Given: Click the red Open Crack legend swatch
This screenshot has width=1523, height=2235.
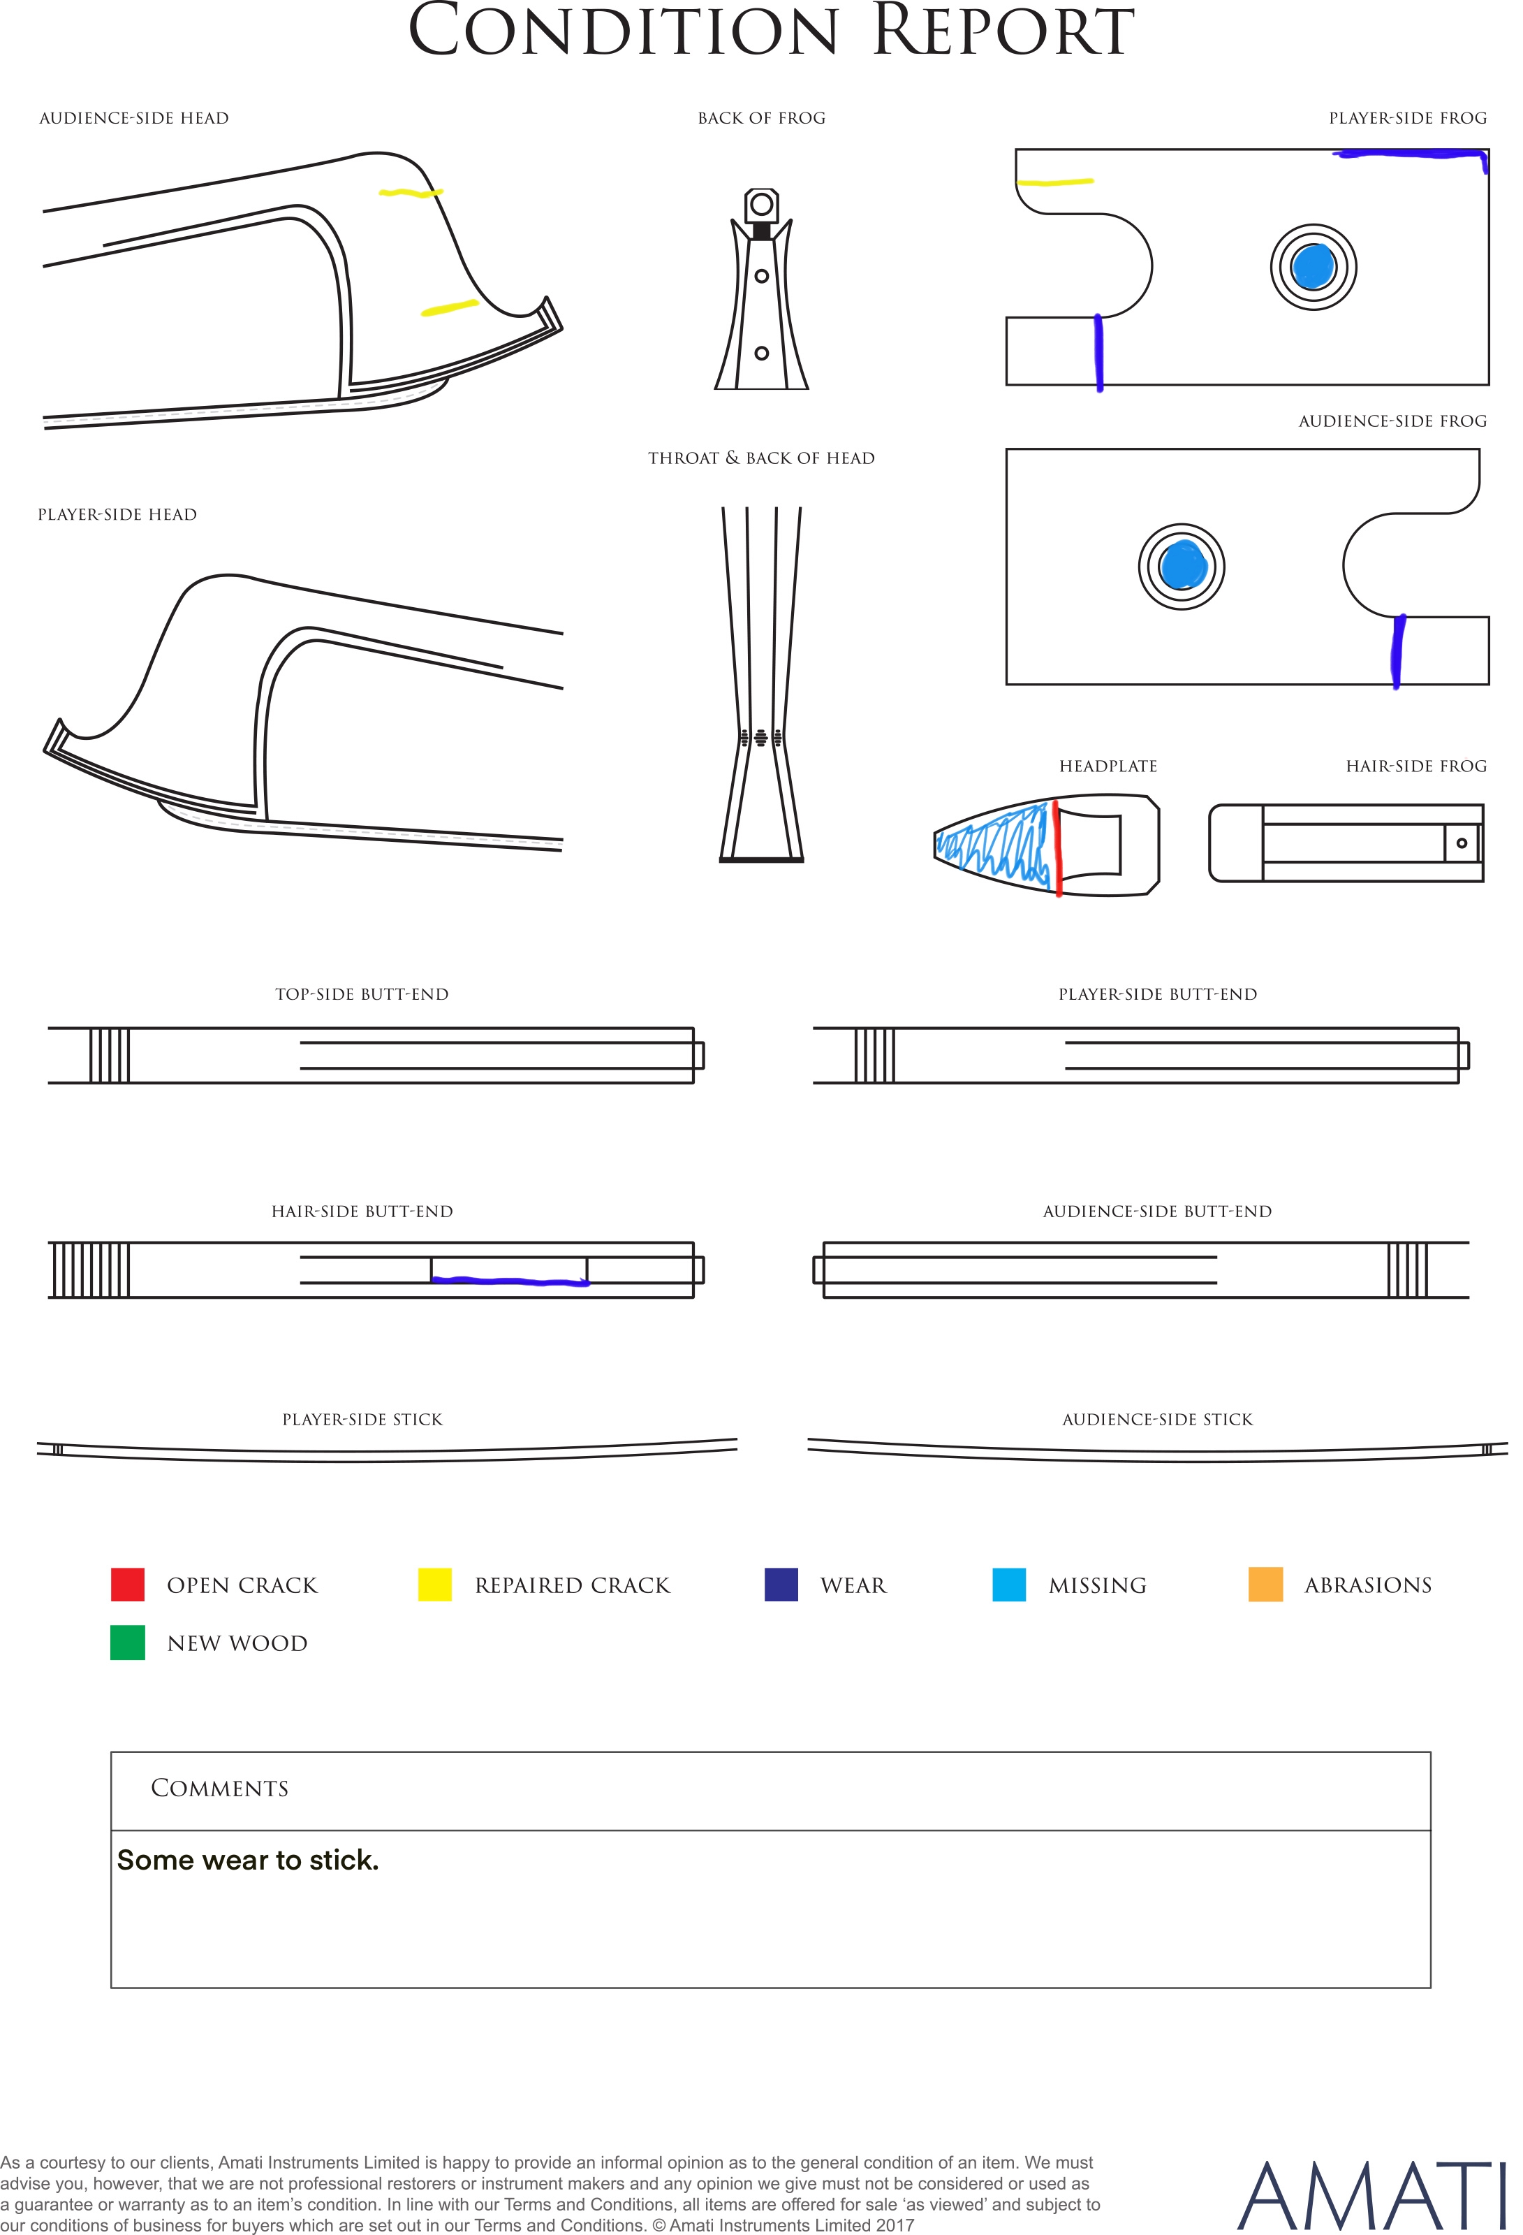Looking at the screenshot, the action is (128, 1584).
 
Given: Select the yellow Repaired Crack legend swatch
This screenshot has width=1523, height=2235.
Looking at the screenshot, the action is (434, 1584).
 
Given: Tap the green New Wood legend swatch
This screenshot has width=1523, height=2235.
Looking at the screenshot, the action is (128, 1643).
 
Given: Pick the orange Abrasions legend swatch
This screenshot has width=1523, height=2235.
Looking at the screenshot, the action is (1265, 1584).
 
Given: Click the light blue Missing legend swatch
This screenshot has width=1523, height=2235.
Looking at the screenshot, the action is (1008, 1584).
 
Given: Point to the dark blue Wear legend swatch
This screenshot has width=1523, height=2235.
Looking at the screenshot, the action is (781, 1584).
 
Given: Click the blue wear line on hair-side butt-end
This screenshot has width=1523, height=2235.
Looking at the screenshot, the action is (510, 1280).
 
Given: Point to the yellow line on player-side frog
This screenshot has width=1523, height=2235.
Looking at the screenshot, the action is (1054, 181).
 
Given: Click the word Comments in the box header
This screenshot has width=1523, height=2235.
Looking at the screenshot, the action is (219, 1788).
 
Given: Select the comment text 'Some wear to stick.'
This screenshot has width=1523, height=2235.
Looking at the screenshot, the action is (248, 1860).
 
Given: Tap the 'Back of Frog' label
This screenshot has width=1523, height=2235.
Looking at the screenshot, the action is (761, 118).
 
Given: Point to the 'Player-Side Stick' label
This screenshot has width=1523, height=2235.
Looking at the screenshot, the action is (362, 1420).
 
